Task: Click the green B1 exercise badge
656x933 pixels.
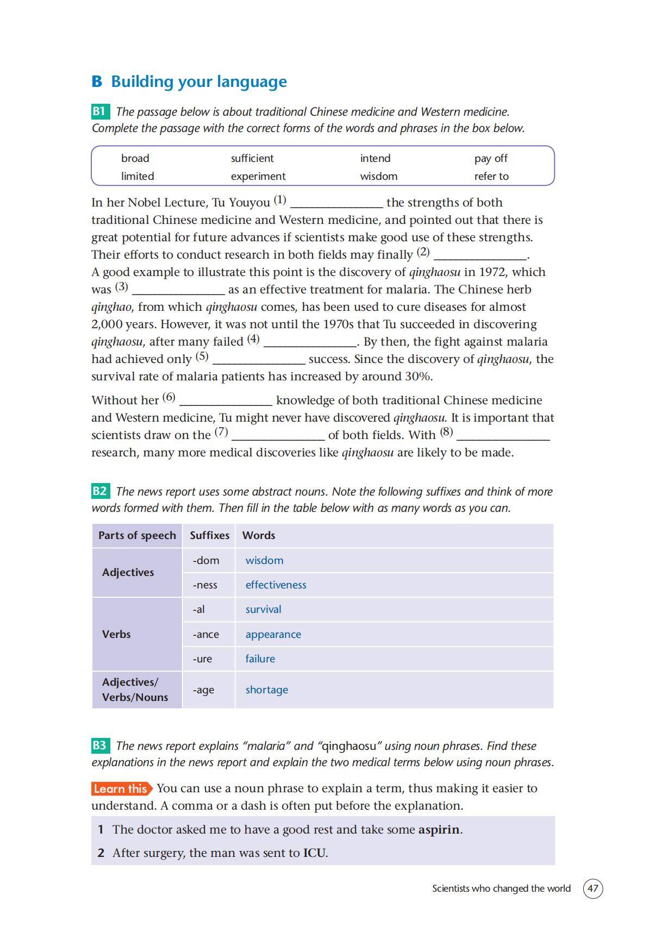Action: pos(99,111)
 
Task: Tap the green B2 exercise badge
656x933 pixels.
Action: pos(99,491)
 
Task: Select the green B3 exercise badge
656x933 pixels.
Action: pos(99,746)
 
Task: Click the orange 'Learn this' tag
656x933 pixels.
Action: pos(121,788)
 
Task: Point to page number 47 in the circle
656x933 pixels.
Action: pos(592,888)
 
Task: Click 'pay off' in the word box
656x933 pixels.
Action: pos(490,158)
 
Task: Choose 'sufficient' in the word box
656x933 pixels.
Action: pos(252,158)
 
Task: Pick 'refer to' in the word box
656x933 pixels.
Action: pos(491,176)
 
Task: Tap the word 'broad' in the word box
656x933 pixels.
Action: pos(135,158)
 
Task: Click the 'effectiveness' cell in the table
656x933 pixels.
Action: pos(276,585)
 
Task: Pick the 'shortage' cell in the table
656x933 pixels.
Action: pos(266,690)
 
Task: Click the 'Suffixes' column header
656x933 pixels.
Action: pos(209,535)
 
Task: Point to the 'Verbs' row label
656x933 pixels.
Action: pos(116,634)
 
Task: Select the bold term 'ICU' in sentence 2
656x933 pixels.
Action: pos(314,853)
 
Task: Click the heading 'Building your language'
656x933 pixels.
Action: pos(199,82)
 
